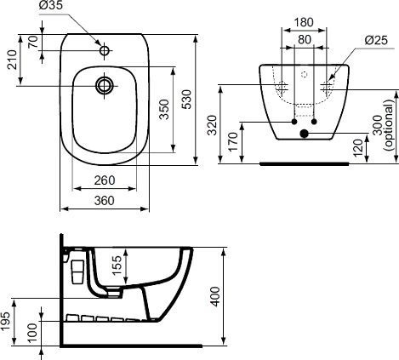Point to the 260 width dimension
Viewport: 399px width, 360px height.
tap(105, 180)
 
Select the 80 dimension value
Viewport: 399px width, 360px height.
tap(303, 38)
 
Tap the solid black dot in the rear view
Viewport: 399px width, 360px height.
tap(304, 133)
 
